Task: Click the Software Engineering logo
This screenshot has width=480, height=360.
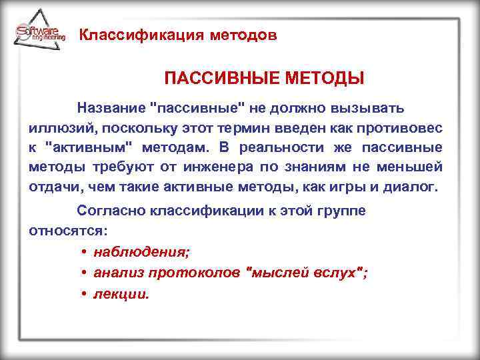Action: click(40, 33)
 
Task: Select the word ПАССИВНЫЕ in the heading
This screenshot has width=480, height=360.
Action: click(212, 79)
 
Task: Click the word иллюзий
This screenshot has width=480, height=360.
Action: click(53, 127)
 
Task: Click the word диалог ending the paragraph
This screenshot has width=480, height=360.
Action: click(411, 186)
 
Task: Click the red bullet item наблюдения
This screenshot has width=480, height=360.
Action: click(141, 251)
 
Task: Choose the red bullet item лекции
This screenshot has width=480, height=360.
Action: click(121, 293)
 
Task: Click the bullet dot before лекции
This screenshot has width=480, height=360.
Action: click(86, 293)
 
